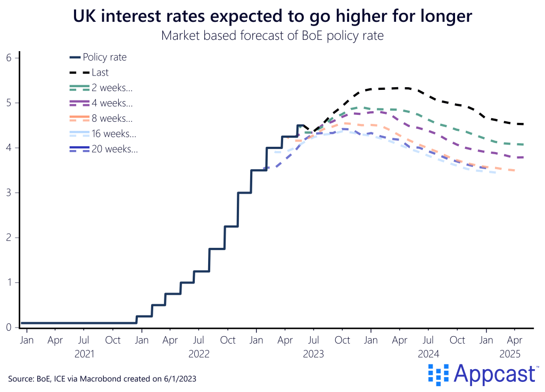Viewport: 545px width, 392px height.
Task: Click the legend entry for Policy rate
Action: tap(105, 57)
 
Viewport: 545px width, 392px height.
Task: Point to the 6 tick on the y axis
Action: tap(9, 57)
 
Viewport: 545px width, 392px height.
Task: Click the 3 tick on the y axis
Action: tap(9, 193)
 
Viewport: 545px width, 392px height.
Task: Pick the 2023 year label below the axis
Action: tap(314, 353)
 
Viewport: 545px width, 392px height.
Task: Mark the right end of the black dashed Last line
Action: tap(523, 124)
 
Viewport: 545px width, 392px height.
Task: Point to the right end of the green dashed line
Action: tap(523, 145)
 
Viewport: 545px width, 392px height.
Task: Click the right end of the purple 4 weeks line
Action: tap(523, 157)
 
